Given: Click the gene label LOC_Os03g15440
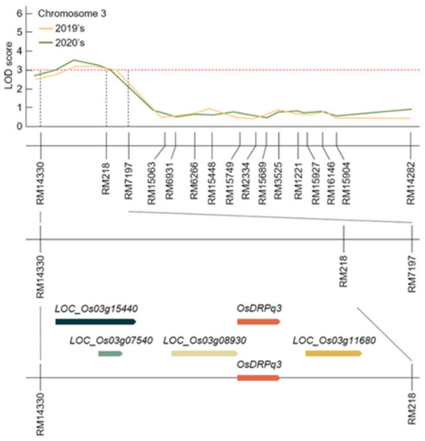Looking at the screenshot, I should click(98, 308).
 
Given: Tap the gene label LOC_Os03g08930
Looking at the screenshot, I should click(205, 340).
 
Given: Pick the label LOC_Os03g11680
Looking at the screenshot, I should click(336, 340).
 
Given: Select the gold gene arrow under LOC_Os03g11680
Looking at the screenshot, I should click(334, 353).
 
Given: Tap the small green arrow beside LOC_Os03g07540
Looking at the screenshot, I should click(110, 353).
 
